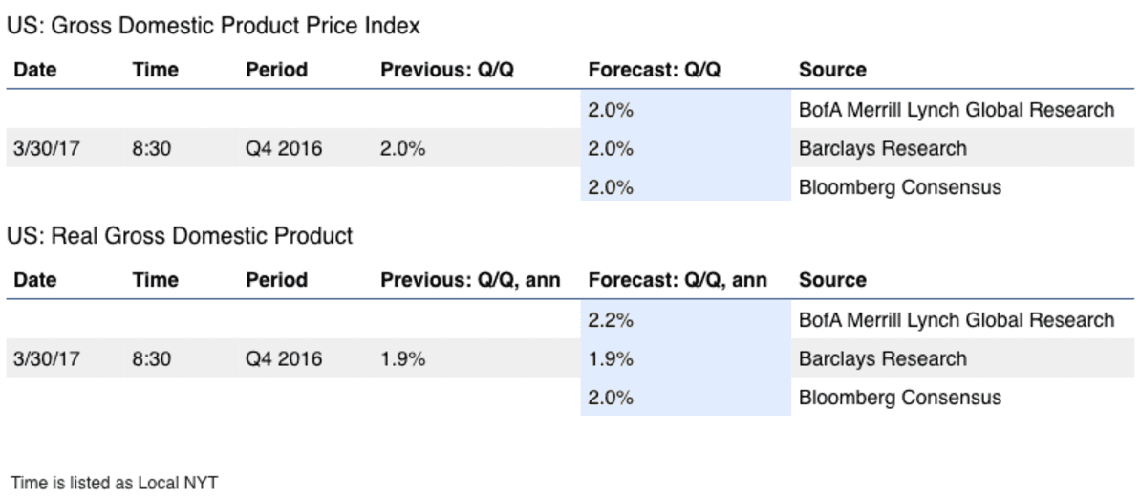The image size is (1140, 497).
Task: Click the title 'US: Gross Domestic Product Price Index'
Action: click(x=214, y=26)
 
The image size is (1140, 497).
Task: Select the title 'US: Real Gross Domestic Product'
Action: click(x=181, y=236)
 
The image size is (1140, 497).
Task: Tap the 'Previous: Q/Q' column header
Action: click(x=447, y=70)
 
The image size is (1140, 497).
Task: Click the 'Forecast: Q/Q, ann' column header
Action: click(x=678, y=280)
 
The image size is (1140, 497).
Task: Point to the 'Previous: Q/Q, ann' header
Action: click(x=470, y=280)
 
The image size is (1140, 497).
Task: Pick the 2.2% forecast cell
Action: click(x=611, y=319)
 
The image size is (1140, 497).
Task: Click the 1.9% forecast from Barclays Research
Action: click(x=611, y=358)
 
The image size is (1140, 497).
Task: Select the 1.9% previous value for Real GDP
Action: click(x=403, y=358)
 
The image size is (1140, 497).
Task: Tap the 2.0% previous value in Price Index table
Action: click(x=403, y=149)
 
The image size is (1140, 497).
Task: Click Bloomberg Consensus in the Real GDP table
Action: click(x=900, y=398)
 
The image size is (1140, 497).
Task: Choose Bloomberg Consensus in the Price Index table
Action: click(x=900, y=187)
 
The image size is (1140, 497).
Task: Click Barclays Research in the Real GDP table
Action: click(x=883, y=358)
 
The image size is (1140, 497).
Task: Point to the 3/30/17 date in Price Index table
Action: click(x=47, y=149)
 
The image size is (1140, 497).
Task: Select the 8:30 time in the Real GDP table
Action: click(x=151, y=358)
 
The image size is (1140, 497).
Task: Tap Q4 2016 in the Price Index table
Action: click(x=284, y=149)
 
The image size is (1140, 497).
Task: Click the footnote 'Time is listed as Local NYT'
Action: click(x=114, y=482)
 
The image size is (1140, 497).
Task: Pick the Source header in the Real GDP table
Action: click(x=832, y=280)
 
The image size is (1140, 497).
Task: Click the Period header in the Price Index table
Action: click(x=276, y=70)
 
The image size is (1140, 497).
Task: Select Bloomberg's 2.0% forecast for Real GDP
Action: click(x=611, y=398)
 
